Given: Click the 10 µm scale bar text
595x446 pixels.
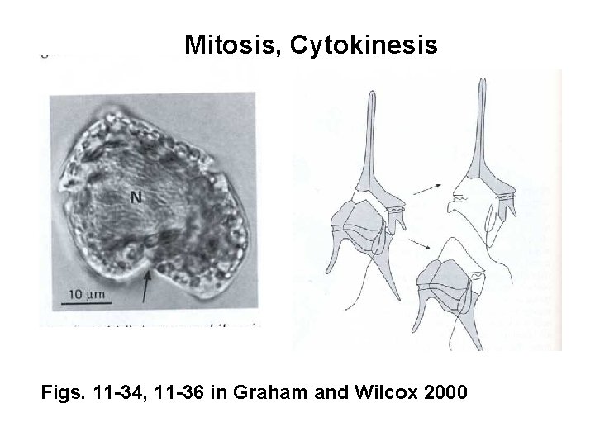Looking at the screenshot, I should pos(87,293).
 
